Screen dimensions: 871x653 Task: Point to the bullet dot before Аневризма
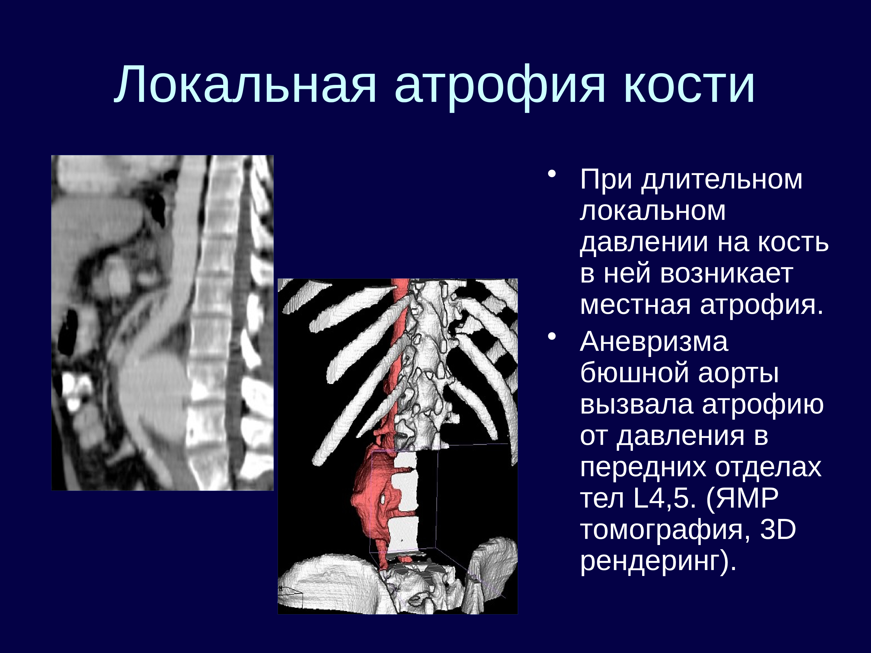[x=553, y=337]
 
